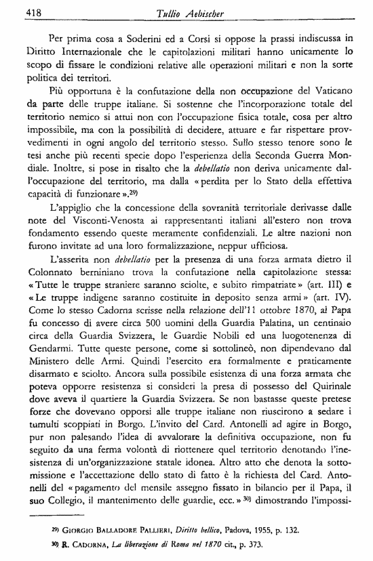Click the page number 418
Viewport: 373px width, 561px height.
click(x=16, y=12)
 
